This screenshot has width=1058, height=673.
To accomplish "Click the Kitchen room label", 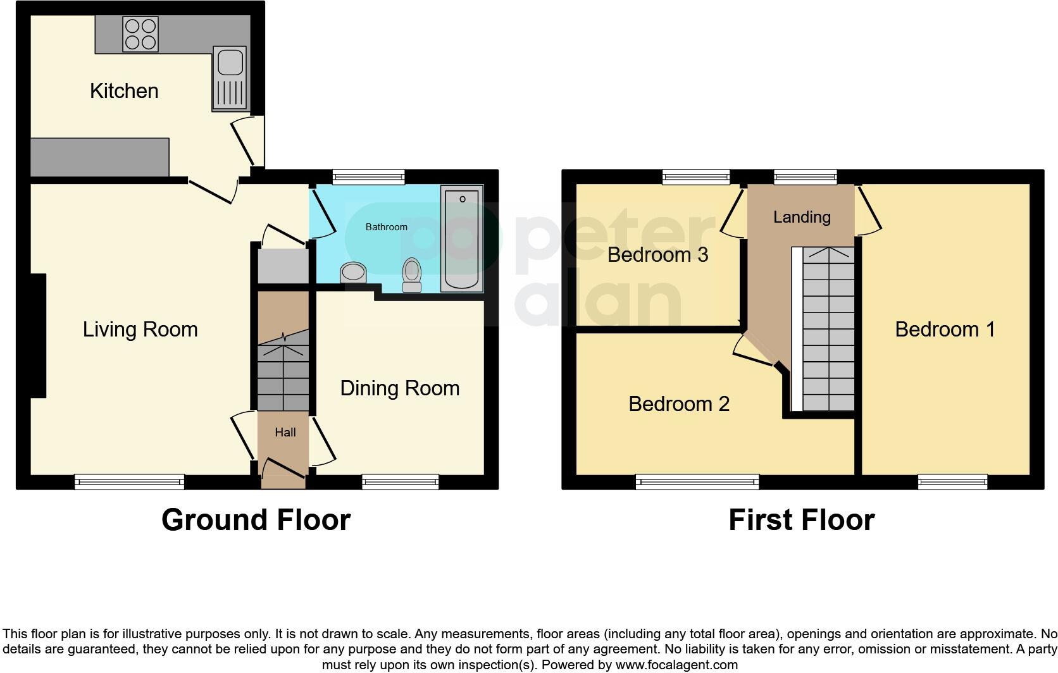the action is (124, 90).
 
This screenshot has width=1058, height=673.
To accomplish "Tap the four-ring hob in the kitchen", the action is (140, 34).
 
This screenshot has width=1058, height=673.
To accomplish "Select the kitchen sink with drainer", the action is (230, 78).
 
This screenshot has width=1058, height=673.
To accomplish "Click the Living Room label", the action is (140, 329).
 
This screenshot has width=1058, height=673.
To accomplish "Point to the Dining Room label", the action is (399, 389).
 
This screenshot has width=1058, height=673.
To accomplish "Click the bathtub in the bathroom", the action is (462, 238).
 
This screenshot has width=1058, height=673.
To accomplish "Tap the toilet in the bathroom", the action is (412, 275).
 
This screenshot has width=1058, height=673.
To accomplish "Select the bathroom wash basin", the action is (353, 273).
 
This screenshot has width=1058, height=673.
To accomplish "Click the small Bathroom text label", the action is (387, 227).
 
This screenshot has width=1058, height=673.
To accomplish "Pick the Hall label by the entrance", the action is (285, 432).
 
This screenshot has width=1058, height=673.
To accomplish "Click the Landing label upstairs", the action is (802, 217).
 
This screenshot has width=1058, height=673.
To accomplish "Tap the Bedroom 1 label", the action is (945, 329).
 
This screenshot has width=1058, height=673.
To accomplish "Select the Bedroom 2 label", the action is (679, 404).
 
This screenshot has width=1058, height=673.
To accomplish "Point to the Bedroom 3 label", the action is (657, 255).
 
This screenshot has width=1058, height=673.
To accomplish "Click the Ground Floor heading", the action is (256, 520).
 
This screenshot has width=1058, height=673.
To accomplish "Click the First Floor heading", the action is (802, 520).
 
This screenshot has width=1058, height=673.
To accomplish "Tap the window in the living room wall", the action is (130, 482).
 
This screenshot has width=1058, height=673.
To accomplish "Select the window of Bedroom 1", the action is (953, 482).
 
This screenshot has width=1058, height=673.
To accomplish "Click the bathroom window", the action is (368, 176).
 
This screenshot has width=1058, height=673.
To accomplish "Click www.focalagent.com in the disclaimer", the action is (677, 665).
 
